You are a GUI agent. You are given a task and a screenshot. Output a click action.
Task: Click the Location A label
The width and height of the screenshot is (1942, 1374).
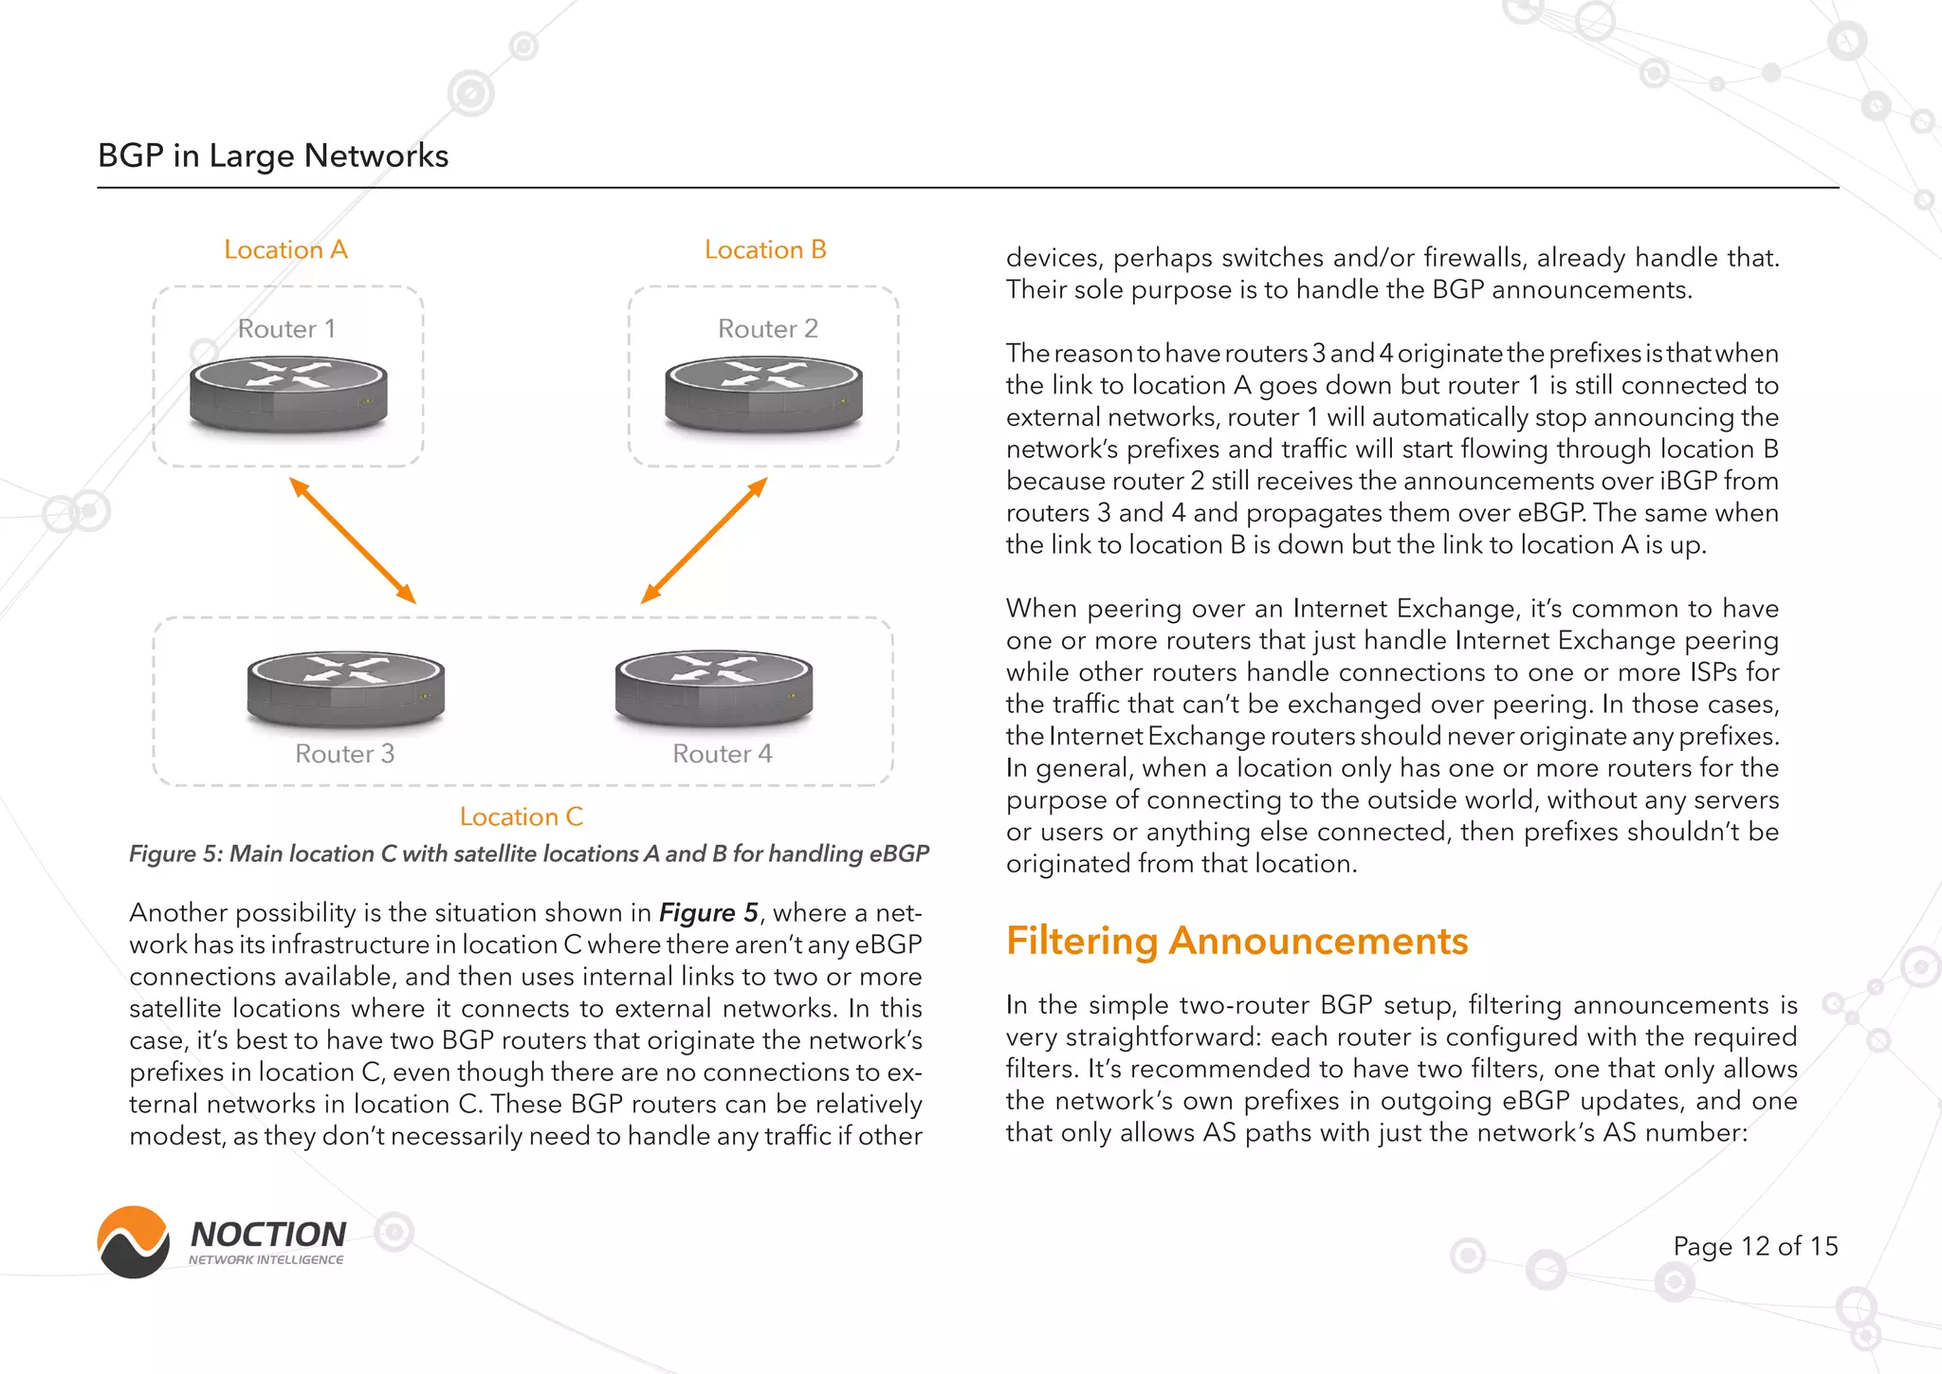[x=285, y=249]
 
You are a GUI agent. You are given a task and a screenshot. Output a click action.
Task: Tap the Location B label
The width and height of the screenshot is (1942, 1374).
[x=765, y=249]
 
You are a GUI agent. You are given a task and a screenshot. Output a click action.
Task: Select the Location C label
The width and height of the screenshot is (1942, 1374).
[x=522, y=816]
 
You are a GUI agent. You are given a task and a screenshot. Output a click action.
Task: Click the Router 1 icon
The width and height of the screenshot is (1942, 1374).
[x=288, y=394]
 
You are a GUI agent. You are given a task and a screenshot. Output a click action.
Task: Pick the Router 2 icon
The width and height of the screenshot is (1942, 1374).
[x=764, y=394]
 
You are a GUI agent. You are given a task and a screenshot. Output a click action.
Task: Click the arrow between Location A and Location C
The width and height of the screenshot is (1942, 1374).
[x=353, y=540]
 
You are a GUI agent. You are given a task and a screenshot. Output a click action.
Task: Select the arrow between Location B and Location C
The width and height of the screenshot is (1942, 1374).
[x=704, y=540]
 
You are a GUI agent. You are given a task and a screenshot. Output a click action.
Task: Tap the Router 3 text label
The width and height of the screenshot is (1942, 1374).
[x=344, y=754]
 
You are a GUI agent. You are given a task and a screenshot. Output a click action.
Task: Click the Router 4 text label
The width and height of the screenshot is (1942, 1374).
[x=723, y=754]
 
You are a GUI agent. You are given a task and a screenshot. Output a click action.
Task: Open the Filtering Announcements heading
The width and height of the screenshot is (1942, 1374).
[x=1237, y=941]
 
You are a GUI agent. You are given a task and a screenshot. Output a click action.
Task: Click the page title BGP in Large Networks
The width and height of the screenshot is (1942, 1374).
[x=273, y=156]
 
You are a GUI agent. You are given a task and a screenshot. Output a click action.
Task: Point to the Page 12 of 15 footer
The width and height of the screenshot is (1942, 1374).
[x=1755, y=1246]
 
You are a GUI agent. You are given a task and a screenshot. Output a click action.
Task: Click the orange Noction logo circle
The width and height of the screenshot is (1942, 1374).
[x=134, y=1242]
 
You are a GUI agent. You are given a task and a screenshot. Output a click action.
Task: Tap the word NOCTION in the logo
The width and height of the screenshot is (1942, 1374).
[x=268, y=1234]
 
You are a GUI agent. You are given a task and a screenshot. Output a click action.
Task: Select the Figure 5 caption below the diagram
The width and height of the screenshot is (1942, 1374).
[x=529, y=853]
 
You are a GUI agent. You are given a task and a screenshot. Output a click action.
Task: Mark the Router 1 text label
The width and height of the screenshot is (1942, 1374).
[x=286, y=329]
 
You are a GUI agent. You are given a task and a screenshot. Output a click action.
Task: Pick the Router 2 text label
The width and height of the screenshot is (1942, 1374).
[x=767, y=329]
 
